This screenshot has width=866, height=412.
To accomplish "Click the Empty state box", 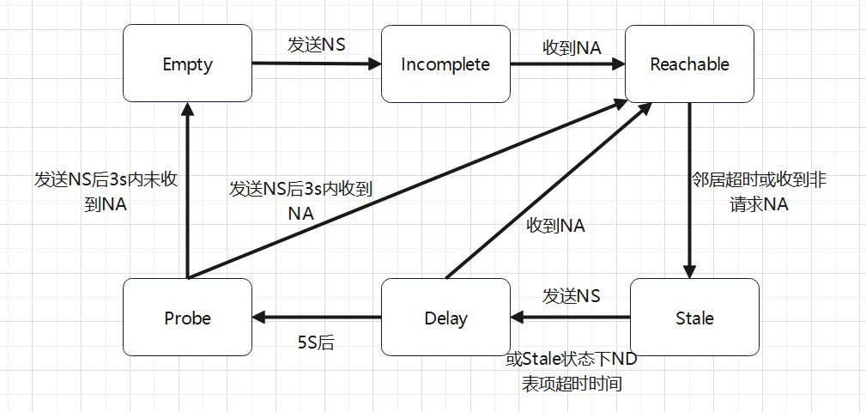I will point(187,64).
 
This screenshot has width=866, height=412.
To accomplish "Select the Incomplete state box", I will point(445,64).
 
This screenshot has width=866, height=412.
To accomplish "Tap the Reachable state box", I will point(689,64).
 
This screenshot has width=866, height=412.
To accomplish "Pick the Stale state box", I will point(694,318).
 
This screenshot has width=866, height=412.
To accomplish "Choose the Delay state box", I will point(445,318).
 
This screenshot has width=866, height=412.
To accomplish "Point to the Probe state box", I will point(187,318).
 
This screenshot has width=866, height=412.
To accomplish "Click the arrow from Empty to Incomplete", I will point(318,64).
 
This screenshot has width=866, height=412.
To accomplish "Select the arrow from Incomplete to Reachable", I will point(566,64).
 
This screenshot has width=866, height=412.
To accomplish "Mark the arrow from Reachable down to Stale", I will point(689,189).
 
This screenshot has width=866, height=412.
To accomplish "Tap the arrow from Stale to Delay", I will point(571,318).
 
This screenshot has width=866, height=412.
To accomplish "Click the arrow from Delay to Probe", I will point(318,318).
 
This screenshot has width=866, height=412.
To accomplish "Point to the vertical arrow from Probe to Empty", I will point(187,189).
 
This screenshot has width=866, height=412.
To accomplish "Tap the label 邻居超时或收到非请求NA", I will point(759,192).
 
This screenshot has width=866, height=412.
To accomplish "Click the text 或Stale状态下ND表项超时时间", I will point(571,371).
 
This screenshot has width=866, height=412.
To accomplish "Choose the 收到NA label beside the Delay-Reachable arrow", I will point(555,226).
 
